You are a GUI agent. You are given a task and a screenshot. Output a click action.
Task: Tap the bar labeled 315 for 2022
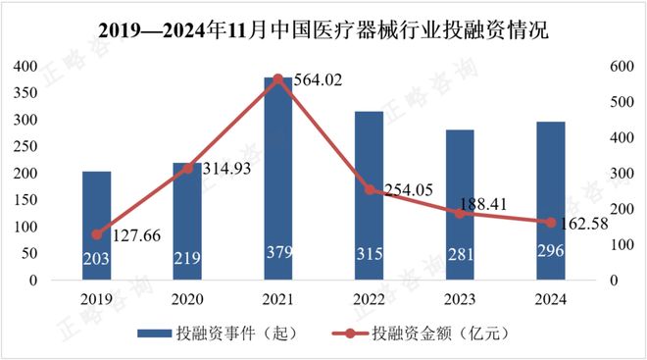click(x=369, y=196)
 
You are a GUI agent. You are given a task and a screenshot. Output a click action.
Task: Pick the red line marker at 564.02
click(x=277, y=78)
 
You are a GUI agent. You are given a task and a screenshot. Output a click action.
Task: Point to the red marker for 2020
click(x=187, y=168)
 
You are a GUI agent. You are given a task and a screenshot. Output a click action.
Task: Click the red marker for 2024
click(x=550, y=222)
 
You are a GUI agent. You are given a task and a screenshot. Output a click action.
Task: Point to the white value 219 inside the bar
click(x=187, y=259)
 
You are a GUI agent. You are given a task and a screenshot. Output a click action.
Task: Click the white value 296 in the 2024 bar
click(x=550, y=259)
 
